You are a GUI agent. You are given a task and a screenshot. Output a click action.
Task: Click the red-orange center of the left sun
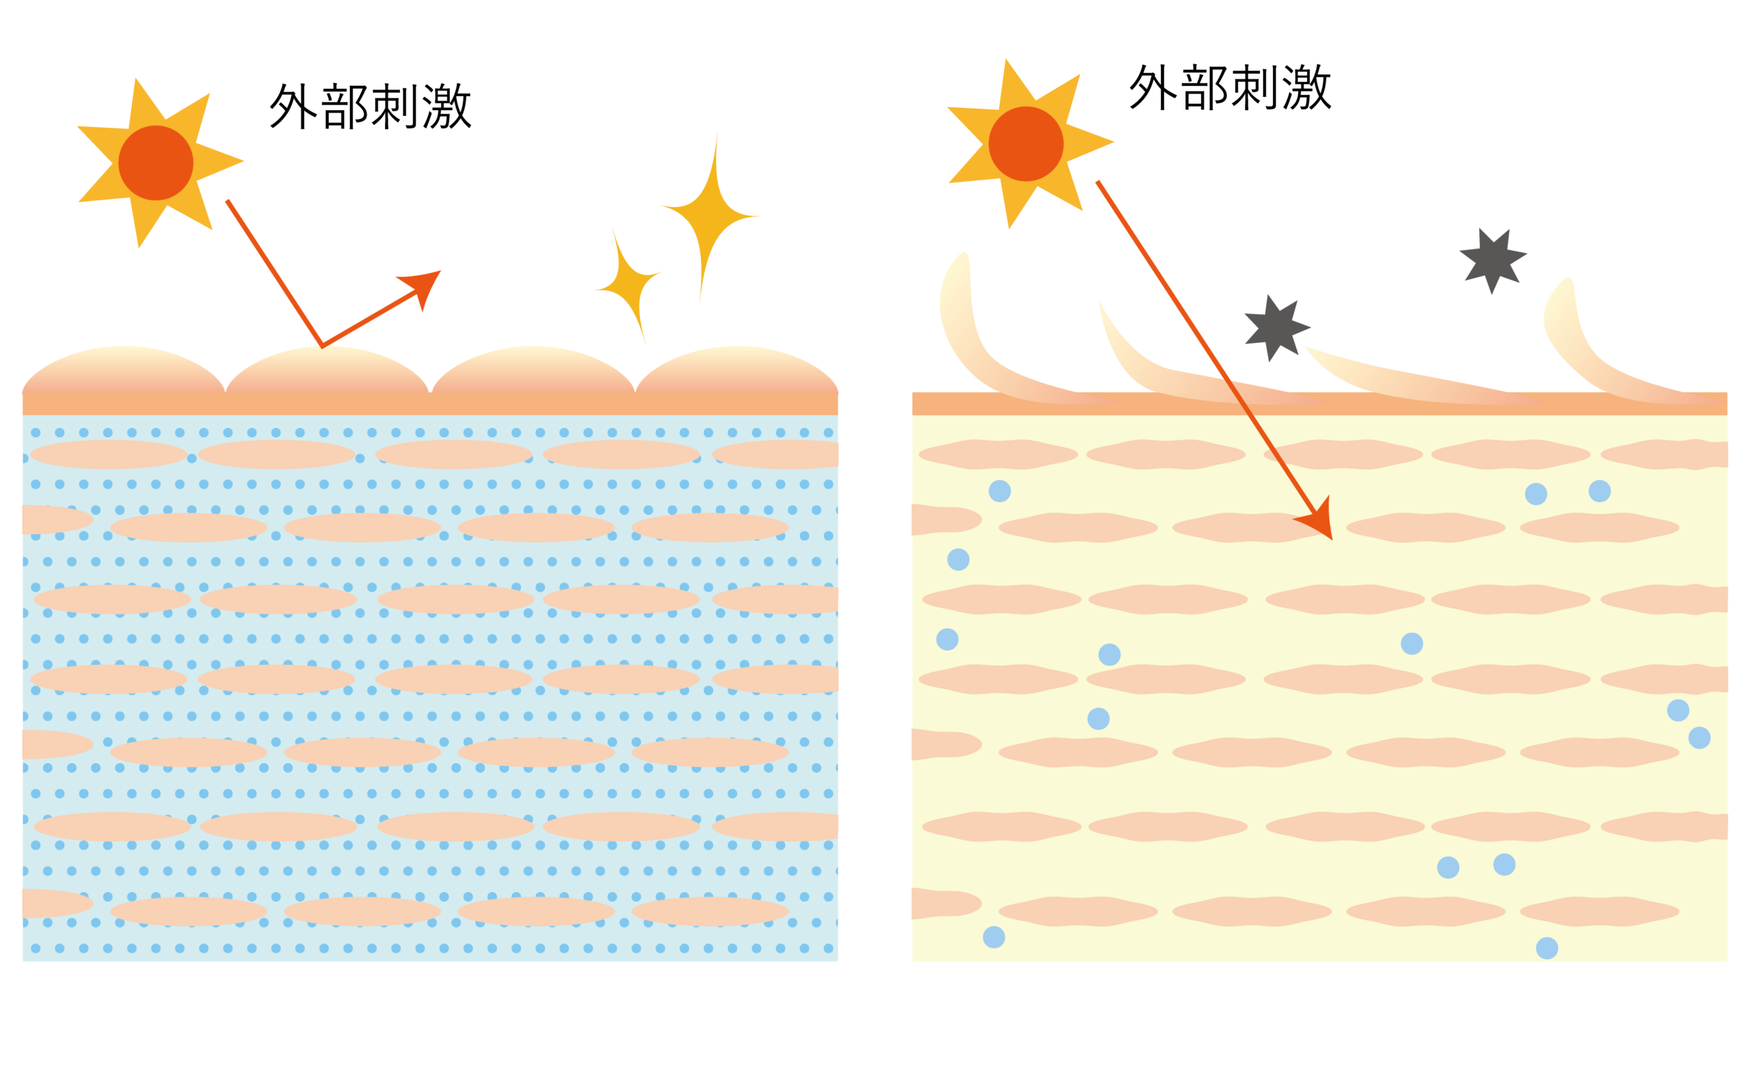pyautogui.click(x=156, y=163)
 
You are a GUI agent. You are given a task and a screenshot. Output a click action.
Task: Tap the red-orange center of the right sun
pyautogui.click(x=1026, y=143)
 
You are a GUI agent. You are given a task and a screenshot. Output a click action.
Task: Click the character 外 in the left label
pyautogui.click(x=293, y=107)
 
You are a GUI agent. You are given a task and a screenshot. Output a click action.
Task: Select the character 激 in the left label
pyautogui.click(x=447, y=107)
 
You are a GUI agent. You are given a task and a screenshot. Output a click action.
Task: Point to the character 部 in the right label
pyautogui.click(x=1205, y=87)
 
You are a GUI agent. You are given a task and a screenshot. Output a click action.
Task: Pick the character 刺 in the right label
pyautogui.click(x=1256, y=87)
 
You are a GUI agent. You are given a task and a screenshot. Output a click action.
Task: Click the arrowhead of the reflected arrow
pyautogui.click(x=422, y=288)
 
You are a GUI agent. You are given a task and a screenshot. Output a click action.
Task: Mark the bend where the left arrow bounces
pyautogui.click(x=323, y=346)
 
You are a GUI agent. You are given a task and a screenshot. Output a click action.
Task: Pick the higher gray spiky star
pyautogui.click(x=1492, y=260)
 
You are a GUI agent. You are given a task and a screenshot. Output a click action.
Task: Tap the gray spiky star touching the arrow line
pyautogui.click(x=1276, y=328)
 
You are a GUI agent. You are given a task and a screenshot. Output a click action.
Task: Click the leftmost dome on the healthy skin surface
pyautogui.click(x=124, y=371)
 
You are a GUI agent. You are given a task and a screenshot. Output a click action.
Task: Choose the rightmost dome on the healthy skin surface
pyautogui.click(x=736, y=371)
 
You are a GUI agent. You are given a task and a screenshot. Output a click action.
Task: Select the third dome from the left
pyautogui.click(x=533, y=371)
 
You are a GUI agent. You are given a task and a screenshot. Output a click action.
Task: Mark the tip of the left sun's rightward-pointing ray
pyautogui.click(x=244, y=161)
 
